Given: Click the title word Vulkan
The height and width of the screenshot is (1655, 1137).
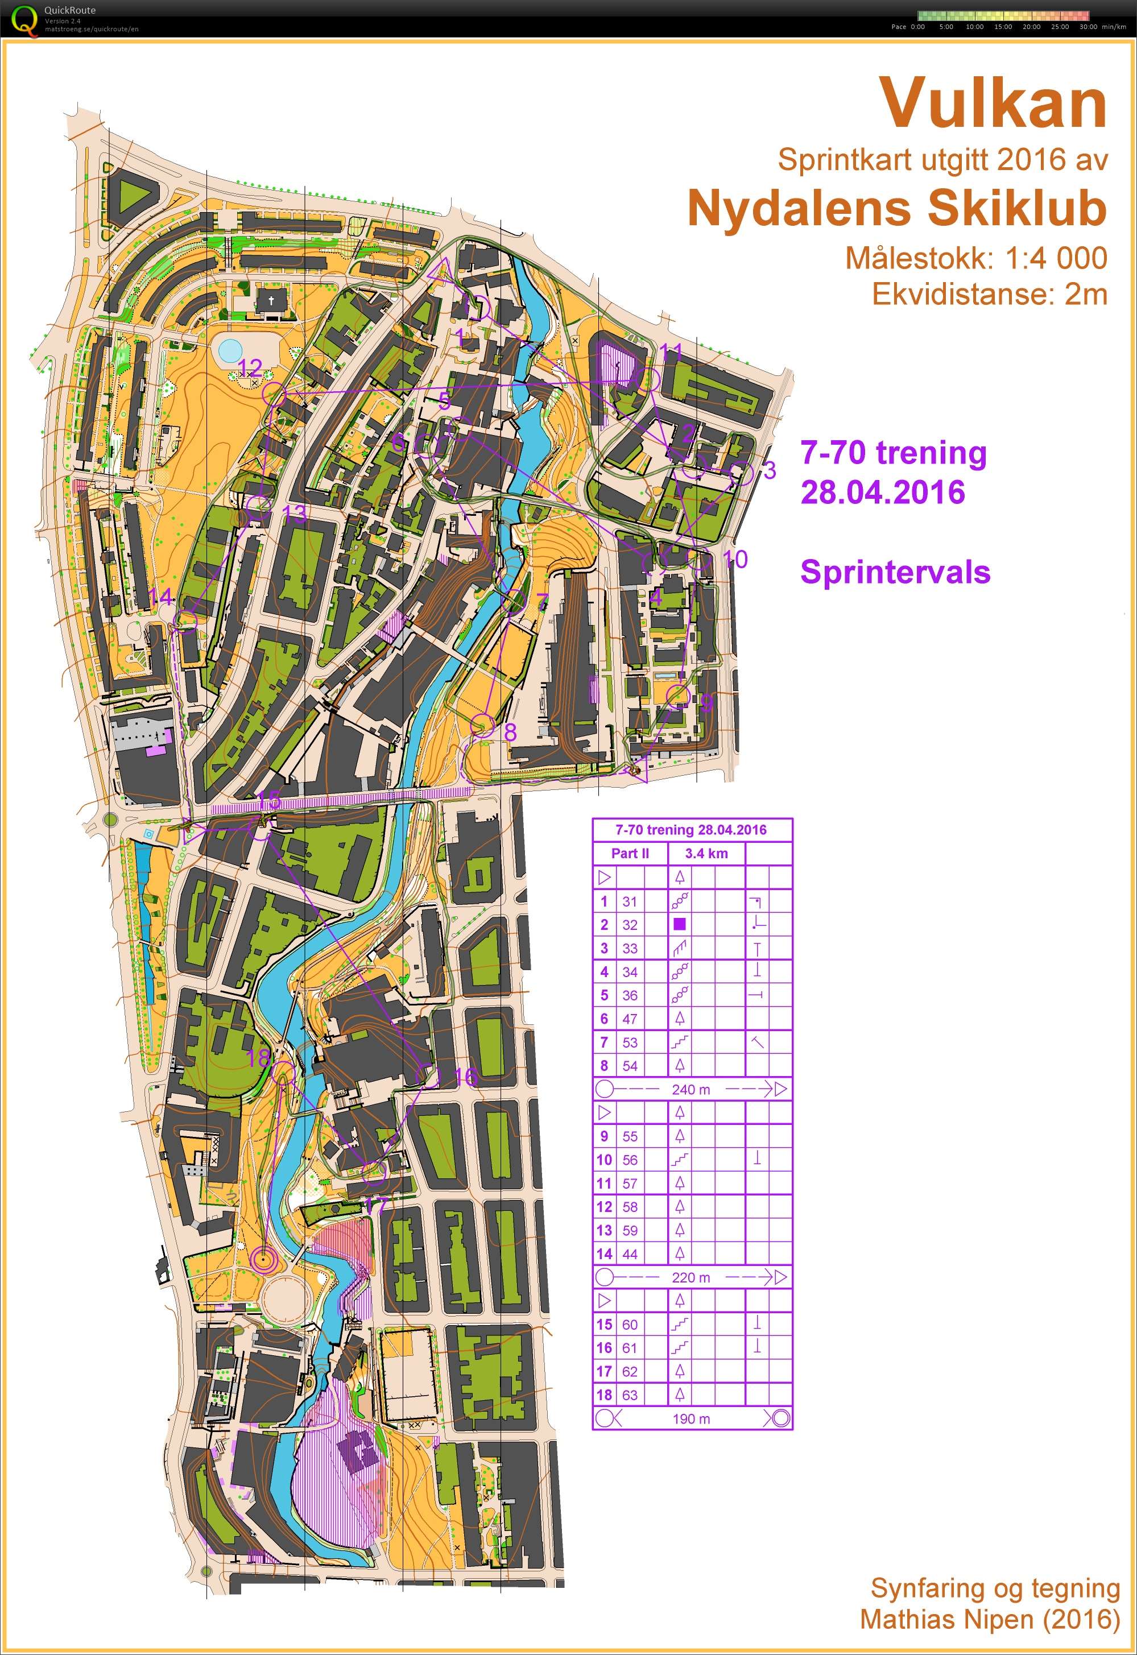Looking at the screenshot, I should tap(993, 104).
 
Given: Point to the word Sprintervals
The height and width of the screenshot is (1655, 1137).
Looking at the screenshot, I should tap(895, 572).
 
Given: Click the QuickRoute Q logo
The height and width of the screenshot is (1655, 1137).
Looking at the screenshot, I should tap(23, 19).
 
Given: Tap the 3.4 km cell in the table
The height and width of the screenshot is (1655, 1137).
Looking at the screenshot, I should tap(706, 853).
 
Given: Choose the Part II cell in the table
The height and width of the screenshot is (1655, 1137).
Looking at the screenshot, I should tap(630, 853).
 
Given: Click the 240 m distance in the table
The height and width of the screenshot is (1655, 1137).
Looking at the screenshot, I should tap(691, 1089).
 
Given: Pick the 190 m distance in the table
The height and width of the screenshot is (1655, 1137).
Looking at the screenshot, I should tap(691, 1418).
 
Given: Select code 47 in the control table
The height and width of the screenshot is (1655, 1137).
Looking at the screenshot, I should tap(630, 1019).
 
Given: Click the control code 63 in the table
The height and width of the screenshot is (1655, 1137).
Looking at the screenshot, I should tap(630, 1395).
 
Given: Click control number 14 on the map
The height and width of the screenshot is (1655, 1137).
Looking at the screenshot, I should tap(161, 597).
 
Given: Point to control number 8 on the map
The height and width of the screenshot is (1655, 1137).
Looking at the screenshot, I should tap(510, 731).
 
